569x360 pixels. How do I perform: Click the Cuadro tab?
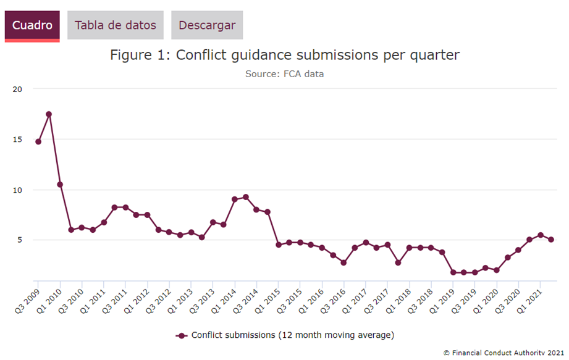[32, 25]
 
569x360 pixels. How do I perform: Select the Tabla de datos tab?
[116, 25]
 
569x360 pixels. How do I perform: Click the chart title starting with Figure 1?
[285, 55]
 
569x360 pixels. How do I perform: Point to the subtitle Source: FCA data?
[284, 74]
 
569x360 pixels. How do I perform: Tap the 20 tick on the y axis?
[17, 89]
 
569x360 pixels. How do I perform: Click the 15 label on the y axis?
[17, 140]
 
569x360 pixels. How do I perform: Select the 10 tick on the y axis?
[17, 190]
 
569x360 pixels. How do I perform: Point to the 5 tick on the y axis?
[20, 240]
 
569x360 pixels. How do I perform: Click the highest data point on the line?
[49, 114]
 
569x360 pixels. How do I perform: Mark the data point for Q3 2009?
[38, 141]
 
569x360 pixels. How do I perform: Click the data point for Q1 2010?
[60, 185]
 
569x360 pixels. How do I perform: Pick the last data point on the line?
[551, 240]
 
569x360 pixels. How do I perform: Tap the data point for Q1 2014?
[235, 199]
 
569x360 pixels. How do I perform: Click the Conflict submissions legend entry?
[285, 335]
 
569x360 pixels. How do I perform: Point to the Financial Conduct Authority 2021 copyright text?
[504, 353]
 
